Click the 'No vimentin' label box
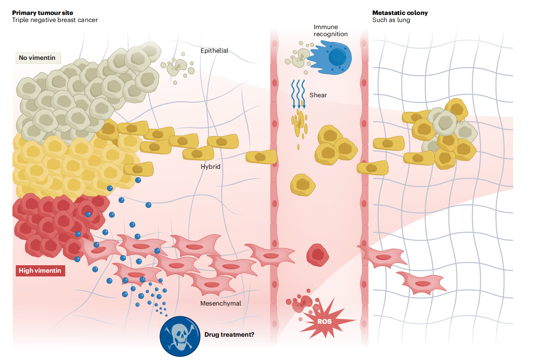37,57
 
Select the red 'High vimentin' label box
40,271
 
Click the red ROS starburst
325,321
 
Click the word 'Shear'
318,95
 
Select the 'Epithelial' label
214,51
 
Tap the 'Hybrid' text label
210,167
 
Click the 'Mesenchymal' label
221,303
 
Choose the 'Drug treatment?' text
229,334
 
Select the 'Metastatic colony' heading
400,12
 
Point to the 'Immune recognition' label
330,30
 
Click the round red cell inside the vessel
318,254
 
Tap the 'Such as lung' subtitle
391,20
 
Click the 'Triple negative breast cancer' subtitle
55,20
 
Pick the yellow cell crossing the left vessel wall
261,157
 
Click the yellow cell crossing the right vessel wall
373,168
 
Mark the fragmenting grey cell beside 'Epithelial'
179,67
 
